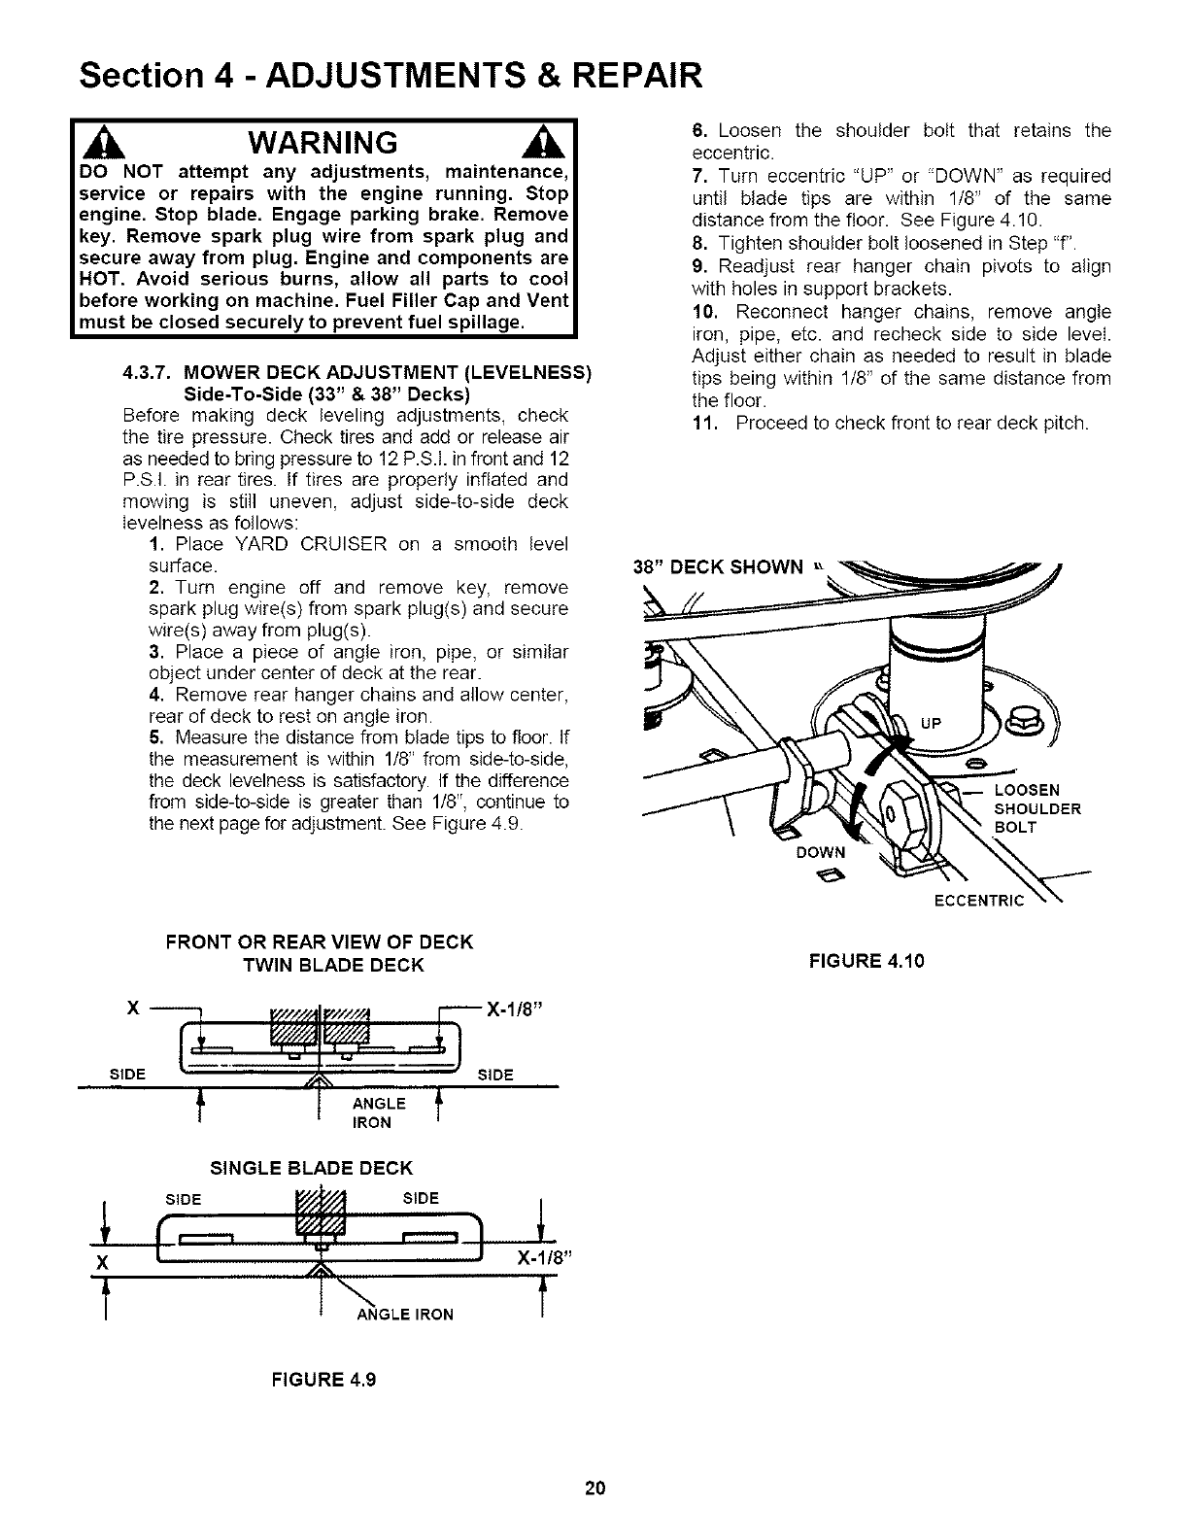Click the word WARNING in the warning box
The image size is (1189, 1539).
click(x=322, y=143)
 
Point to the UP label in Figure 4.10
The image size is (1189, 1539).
click(x=931, y=722)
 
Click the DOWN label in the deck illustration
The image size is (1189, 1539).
click(x=822, y=852)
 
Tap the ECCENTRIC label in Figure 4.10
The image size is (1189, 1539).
click(x=978, y=901)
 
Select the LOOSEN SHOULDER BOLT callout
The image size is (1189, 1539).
click(x=1037, y=808)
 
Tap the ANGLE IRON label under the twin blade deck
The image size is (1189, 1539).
click(x=373, y=1113)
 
